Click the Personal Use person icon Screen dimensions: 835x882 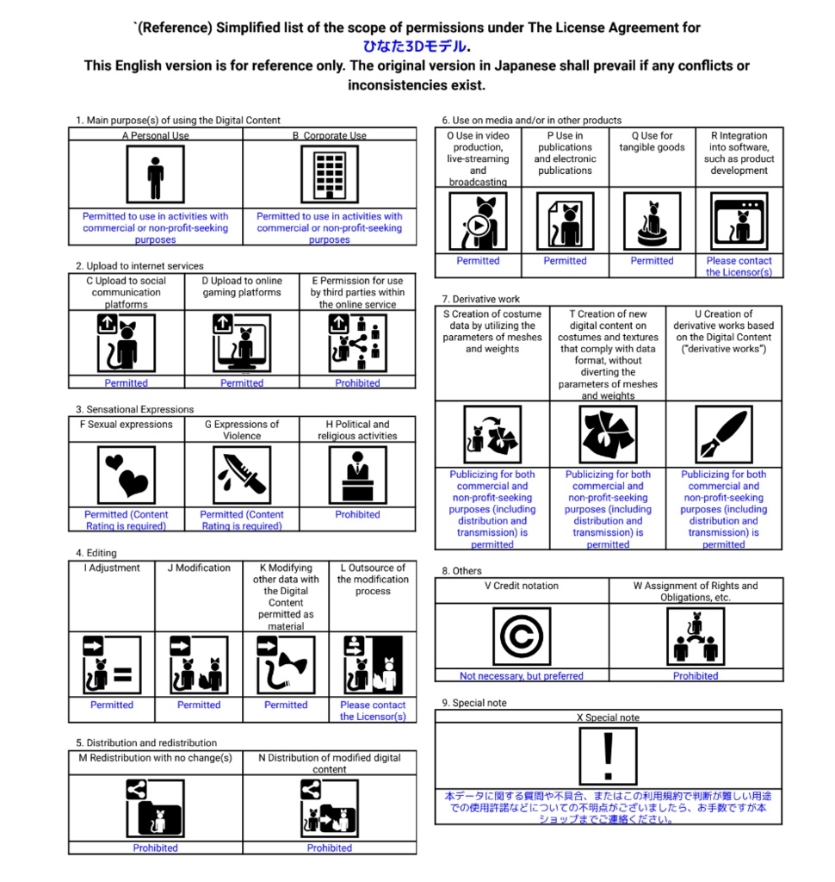coord(155,174)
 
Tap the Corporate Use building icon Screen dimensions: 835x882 coord(330,174)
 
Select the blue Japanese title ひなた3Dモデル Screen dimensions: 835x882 coord(414,47)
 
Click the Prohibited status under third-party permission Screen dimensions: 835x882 coord(357,383)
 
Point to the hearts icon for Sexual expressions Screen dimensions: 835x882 coord(126,475)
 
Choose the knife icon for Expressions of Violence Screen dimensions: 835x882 coord(242,475)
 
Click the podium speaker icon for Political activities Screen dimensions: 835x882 coord(357,475)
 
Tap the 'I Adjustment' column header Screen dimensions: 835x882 coord(112,568)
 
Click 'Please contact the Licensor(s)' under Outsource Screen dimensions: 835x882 coord(373,711)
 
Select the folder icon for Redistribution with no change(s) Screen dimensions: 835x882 coord(155,808)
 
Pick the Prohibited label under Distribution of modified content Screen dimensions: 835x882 coord(330,848)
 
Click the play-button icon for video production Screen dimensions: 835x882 coord(478,221)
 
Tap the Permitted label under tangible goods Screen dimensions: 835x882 coord(652,260)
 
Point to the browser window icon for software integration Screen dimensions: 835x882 coord(739,221)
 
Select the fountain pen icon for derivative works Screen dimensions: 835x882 coord(724,434)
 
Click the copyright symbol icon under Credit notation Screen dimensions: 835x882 coord(522,637)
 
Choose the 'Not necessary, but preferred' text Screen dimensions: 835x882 coord(522,675)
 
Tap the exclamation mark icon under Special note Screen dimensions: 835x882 coord(608,756)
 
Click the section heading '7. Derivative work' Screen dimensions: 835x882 coord(480,299)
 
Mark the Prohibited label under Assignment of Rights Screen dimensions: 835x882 coord(696,675)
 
